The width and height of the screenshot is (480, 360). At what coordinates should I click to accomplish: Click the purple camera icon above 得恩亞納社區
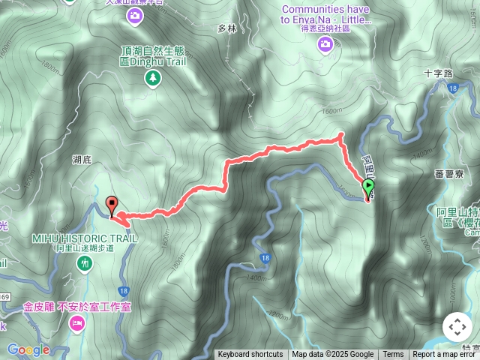coord(325,45)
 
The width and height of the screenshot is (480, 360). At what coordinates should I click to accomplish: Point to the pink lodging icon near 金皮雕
coord(76,322)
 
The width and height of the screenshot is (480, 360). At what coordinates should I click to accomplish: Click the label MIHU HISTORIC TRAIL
coord(85,238)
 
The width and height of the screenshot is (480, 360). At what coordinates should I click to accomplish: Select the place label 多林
coord(226,28)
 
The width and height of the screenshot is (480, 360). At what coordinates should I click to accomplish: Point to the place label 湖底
coord(82,160)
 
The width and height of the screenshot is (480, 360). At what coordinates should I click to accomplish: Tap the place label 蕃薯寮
coord(448,173)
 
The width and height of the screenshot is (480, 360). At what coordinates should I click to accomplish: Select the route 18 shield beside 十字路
coord(453,89)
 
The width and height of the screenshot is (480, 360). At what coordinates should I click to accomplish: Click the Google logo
coord(28,349)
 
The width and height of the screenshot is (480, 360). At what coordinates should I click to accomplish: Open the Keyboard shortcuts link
coord(250,355)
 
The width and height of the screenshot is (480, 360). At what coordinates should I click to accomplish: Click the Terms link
coord(393,355)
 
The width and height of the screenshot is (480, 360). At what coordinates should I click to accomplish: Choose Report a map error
coord(444,355)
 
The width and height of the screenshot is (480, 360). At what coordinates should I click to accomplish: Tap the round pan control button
coord(457,327)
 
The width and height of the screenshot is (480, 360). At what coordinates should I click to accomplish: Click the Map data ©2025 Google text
coord(332,355)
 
